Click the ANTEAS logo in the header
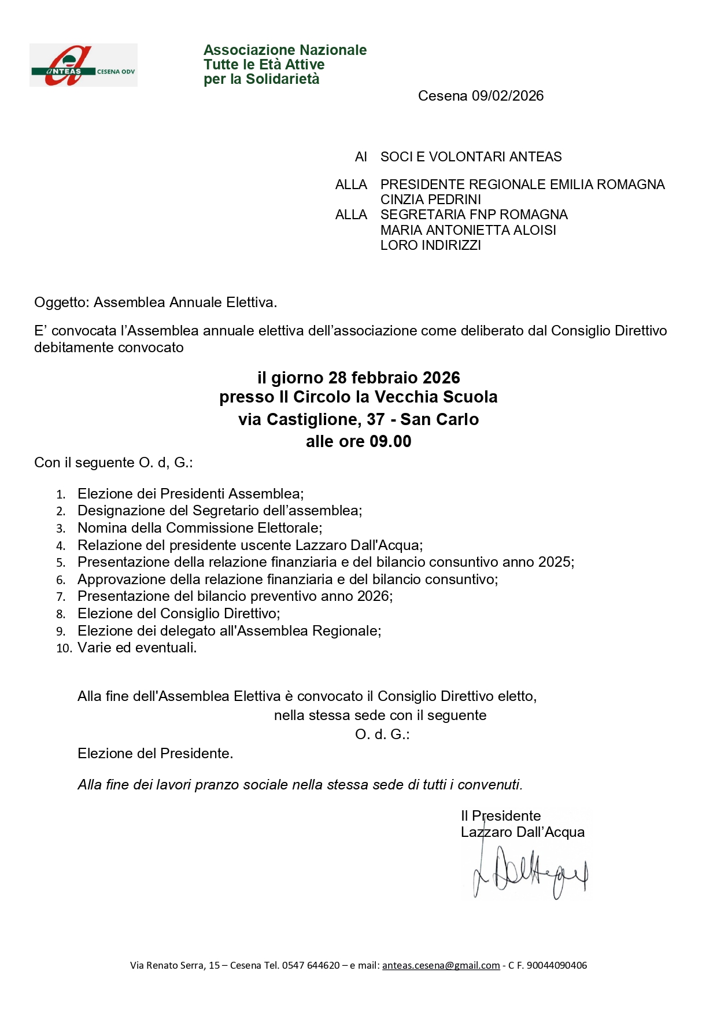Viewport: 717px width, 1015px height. (83, 65)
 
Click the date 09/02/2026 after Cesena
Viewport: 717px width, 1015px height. (508, 96)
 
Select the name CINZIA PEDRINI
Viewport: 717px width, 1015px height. (430, 200)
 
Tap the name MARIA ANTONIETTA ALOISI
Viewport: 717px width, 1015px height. (468, 230)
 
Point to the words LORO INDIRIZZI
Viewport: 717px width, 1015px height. (430, 245)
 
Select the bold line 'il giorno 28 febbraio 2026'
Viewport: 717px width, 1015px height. (358, 378)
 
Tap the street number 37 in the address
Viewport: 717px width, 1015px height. (376, 420)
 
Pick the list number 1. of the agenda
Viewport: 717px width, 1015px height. (61, 495)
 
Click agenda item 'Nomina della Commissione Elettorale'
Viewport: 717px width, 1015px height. (199, 528)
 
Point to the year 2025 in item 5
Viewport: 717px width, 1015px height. (555, 562)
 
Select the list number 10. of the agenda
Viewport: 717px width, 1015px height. (64, 649)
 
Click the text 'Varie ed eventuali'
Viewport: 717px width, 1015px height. (136, 648)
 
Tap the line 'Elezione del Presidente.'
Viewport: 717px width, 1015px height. (155, 754)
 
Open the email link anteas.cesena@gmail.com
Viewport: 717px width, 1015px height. (441, 965)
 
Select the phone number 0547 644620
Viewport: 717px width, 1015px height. (311, 965)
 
